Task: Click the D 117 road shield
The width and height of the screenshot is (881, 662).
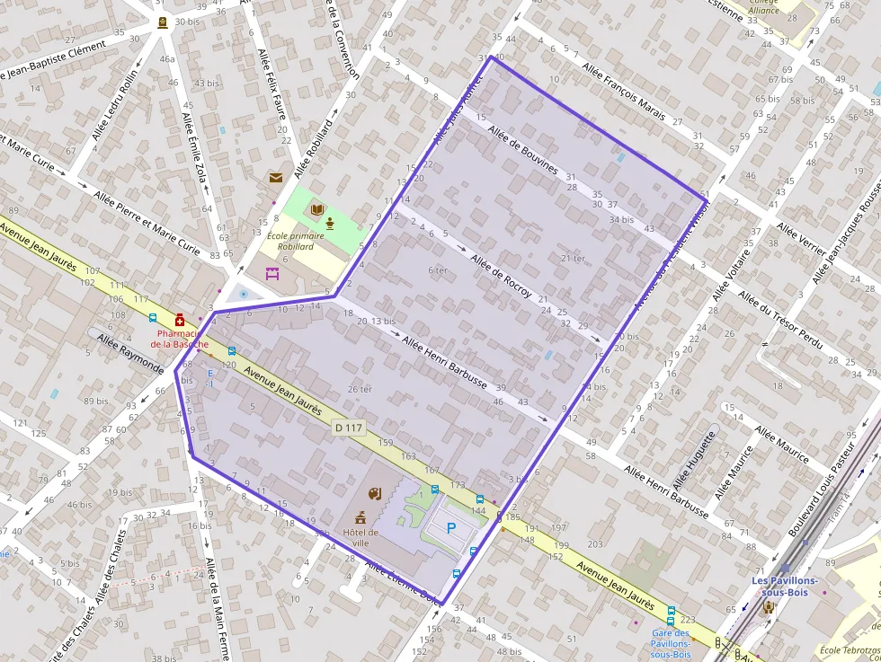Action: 349,428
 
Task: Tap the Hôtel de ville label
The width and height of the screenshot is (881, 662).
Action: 360,536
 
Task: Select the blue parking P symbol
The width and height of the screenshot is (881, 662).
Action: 451,530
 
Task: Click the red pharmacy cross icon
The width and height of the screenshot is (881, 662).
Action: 180,320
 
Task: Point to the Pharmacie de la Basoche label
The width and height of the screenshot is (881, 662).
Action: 179,339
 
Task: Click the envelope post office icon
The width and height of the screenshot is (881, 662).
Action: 275,178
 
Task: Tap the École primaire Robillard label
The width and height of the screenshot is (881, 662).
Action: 296,241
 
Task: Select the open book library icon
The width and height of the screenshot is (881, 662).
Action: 316,210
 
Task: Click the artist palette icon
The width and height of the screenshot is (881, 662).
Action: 375,493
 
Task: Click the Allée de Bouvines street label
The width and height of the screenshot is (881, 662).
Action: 522,150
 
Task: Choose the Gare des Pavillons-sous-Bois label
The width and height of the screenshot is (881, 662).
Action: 671,643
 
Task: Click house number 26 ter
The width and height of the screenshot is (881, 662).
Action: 360,389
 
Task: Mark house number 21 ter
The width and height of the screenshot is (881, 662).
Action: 573,259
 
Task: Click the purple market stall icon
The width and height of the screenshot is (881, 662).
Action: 272,274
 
